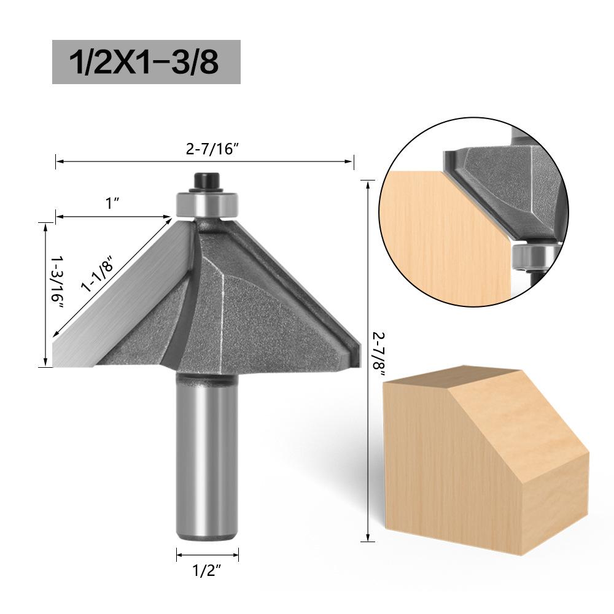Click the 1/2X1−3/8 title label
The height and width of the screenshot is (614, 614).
[x=146, y=62]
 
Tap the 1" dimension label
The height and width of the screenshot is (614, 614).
[x=112, y=204]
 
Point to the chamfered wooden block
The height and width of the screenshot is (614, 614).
[x=479, y=467]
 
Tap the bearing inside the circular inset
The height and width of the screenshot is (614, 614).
[x=532, y=255]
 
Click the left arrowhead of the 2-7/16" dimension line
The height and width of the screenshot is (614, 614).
[x=58, y=161]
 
